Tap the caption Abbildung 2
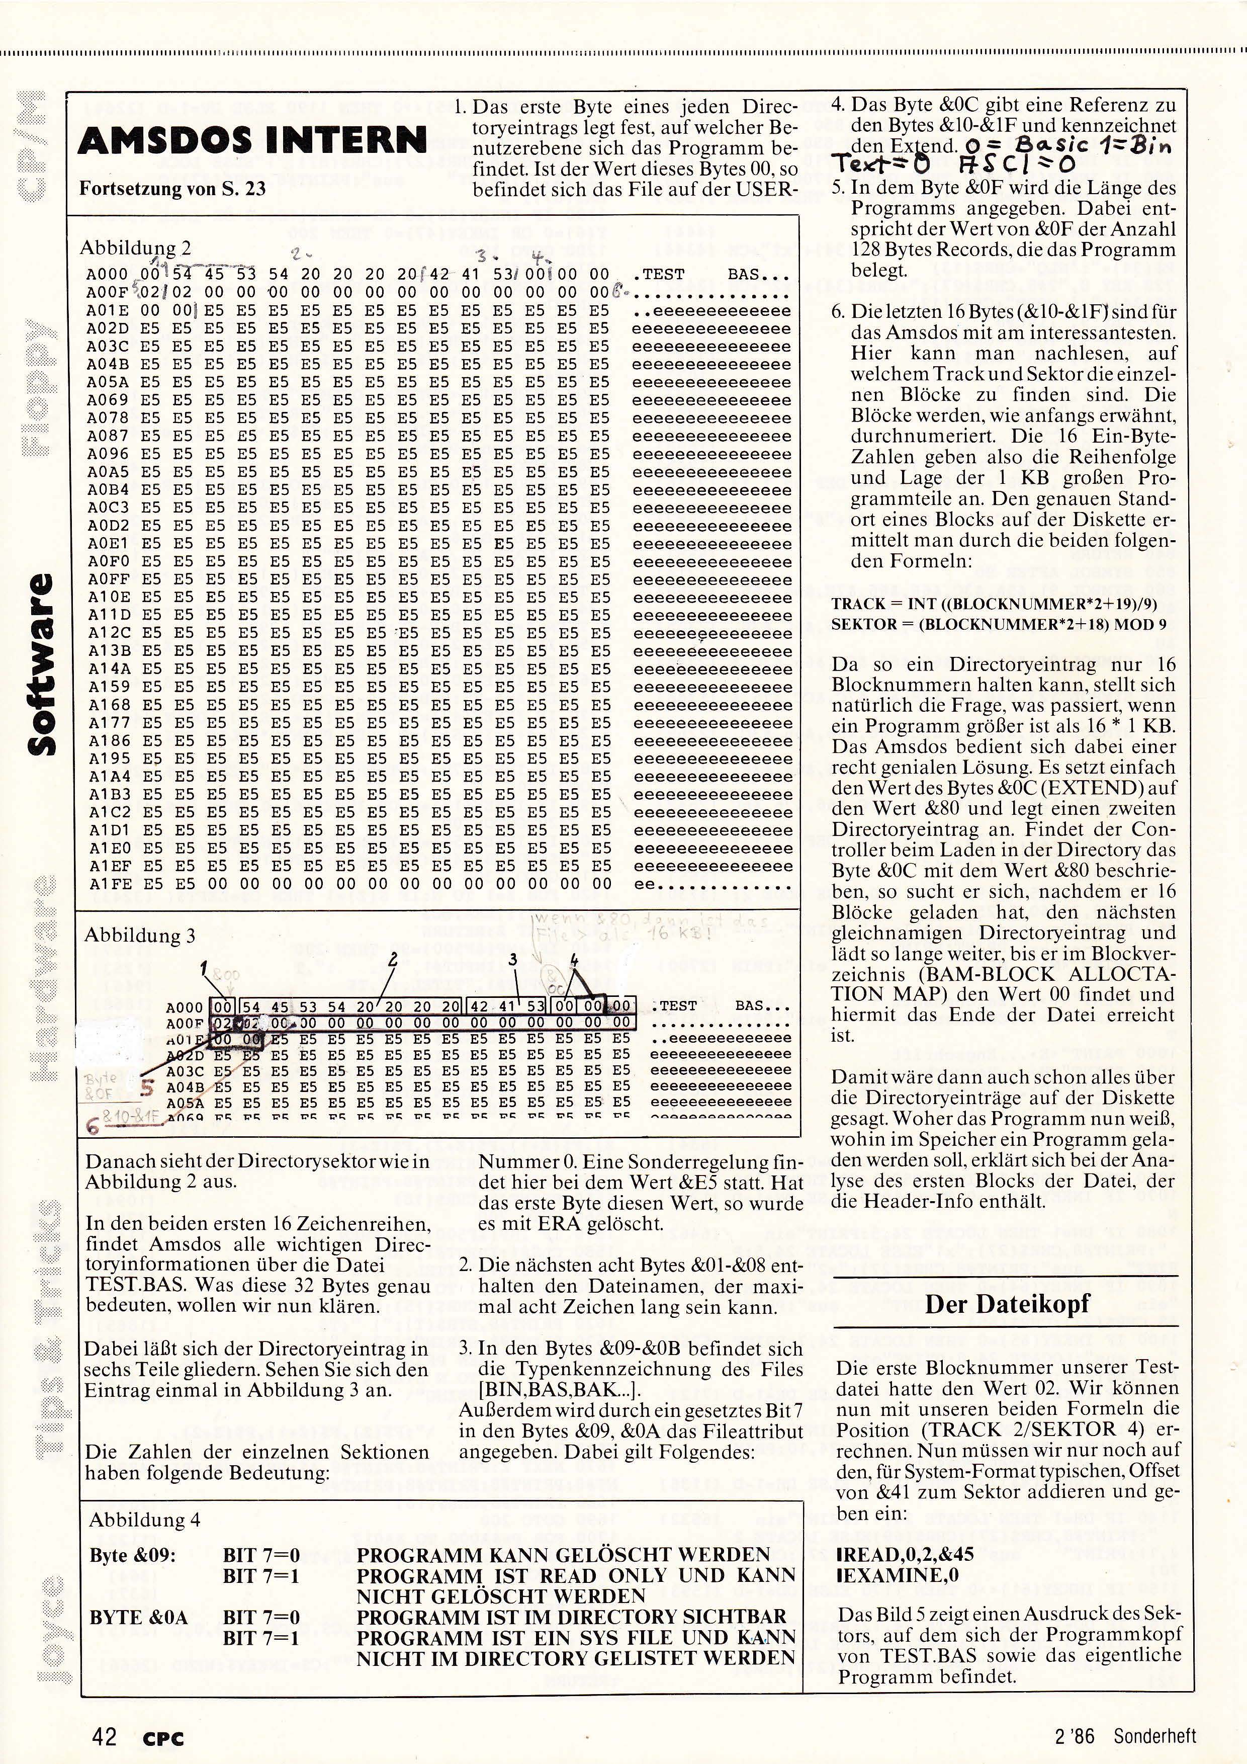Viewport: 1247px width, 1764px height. pyautogui.click(x=135, y=248)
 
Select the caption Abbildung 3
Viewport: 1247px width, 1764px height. pyautogui.click(x=140, y=935)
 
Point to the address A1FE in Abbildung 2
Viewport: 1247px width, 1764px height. pyautogui.click(x=105, y=884)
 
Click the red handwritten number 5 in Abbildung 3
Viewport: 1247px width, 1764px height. pyautogui.click(x=147, y=1089)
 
